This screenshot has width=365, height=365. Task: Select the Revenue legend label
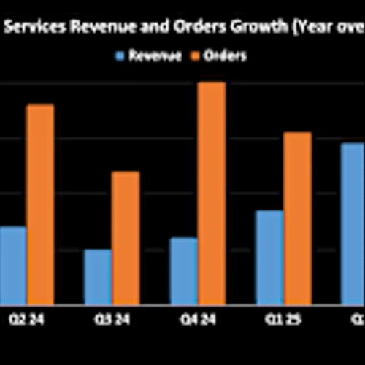(155, 55)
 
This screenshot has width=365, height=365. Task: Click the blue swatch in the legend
(120, 55)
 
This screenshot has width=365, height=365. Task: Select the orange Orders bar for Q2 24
(40, 204)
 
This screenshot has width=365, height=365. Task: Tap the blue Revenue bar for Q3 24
(97, 277)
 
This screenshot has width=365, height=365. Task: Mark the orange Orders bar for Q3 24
(126, 238)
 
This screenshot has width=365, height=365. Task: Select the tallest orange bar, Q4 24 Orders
(211, 193)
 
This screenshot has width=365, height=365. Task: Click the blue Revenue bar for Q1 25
(269, 257)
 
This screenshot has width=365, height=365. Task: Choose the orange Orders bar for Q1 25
(297, 218)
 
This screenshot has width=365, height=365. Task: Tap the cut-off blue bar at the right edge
(353, 223)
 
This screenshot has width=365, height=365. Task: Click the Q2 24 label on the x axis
(26, 319)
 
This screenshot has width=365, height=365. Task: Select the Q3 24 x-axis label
(112, 319)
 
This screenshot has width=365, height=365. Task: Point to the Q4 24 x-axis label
(197, 319)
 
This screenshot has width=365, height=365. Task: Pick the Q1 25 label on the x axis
(283, 319)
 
